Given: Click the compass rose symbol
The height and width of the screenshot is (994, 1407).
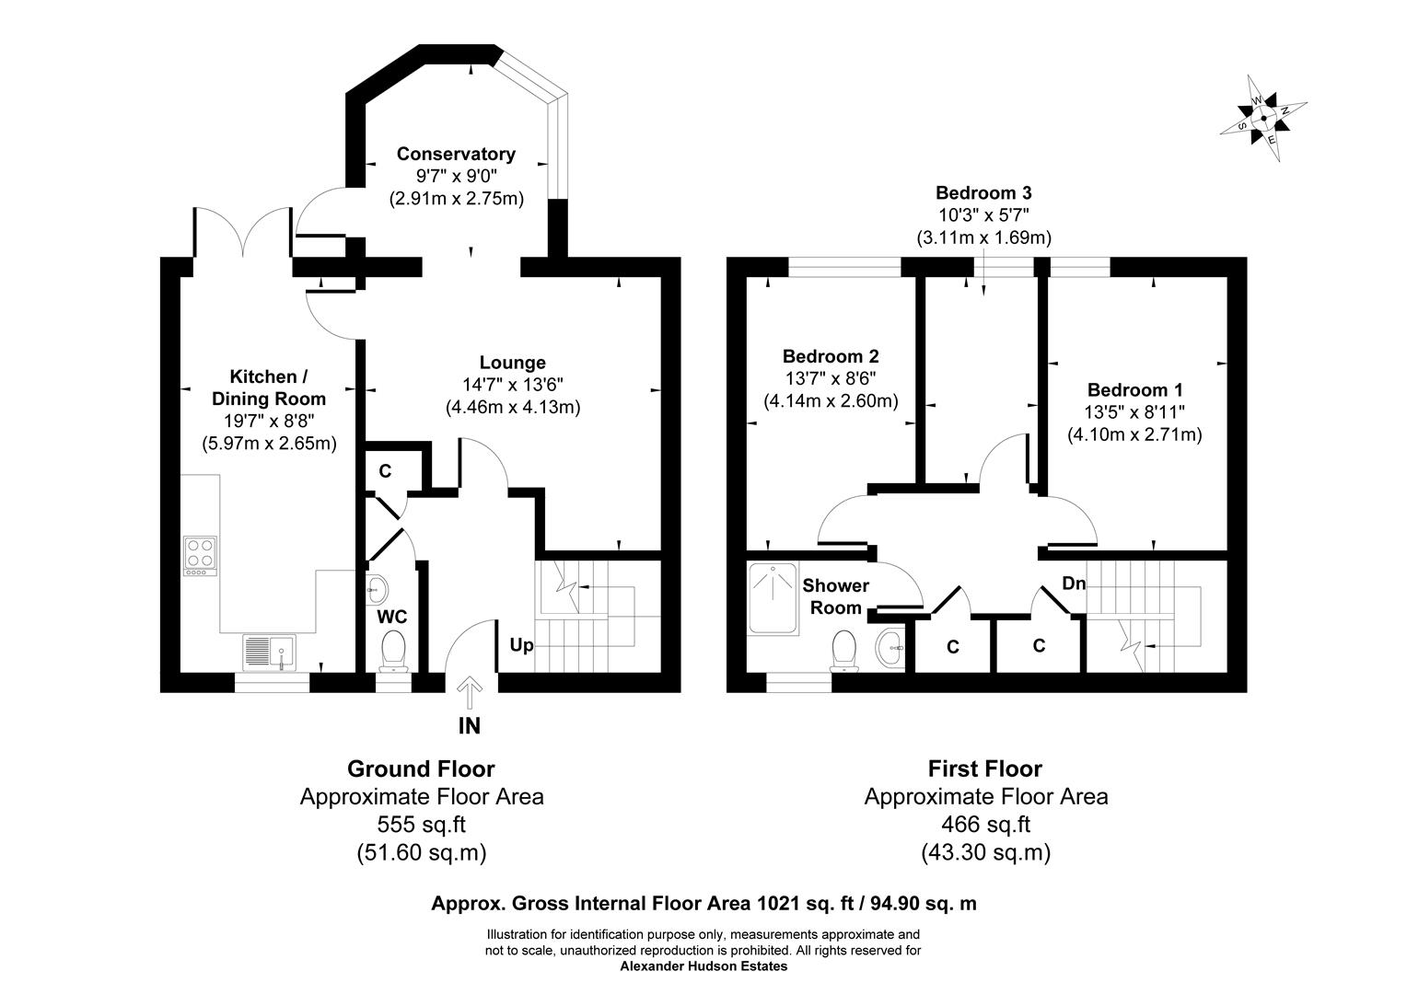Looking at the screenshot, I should click(1263, 118).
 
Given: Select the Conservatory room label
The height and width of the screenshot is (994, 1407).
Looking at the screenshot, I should click(456, 154).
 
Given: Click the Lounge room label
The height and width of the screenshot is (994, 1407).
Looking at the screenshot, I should click(512, 363).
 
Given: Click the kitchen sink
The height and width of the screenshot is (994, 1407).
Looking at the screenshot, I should click(268, 652).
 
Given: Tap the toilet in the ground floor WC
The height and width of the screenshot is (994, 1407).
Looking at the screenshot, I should click(393, 648).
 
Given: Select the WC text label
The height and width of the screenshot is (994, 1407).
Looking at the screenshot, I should click(392, 616).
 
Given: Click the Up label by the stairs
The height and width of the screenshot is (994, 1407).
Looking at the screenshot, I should click(521, 645).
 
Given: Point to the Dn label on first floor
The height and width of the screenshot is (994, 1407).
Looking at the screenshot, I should click(1074, 584).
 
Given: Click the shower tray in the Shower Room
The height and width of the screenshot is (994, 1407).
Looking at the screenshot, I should click(773, 598).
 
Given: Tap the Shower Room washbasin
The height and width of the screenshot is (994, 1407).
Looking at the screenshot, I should click(890, 649).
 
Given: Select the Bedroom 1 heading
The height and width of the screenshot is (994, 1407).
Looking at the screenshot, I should click(1134, 390).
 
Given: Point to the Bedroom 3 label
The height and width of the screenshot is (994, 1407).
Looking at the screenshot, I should click(983, 193).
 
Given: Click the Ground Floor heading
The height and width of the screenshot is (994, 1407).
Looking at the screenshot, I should click(421, 769).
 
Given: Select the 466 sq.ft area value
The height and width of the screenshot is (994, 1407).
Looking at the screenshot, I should click(985, 825).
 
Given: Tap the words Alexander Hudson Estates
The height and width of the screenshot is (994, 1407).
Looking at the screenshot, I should click(703, 966).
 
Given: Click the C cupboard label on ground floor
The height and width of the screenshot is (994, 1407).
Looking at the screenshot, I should click(385, 471).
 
